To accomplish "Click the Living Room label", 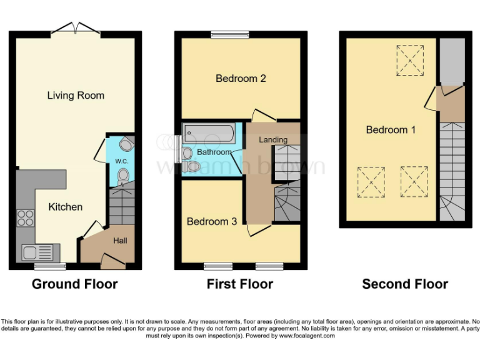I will tap(76, 96).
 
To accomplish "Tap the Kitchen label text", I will tap(66, 207).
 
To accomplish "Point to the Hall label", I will tap(120, 239).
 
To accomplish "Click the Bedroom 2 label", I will tap(241, 78).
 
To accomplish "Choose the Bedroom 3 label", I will tap(211, 221).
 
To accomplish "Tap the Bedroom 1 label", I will tap(391, 130).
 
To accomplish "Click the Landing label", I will tap(274, 139).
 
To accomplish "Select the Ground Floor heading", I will tap(74, 284).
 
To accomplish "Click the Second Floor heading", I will tap(405, 284).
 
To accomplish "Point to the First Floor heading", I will tap(240, 284).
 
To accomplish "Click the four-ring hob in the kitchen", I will tap(25, 218).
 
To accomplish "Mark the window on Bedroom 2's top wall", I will tap(229, 34).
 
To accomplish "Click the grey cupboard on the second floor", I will tap(452, 61).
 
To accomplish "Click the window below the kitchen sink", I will tap(50, 267).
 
